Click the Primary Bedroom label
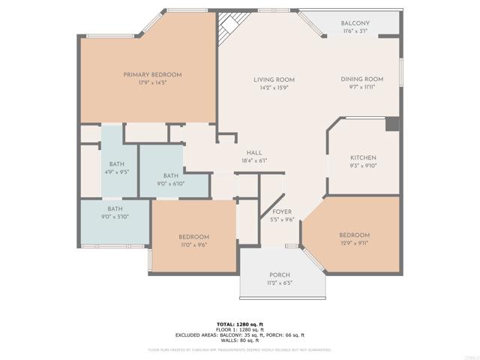153,74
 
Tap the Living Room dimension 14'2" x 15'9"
273,88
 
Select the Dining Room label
362,79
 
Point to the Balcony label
355,23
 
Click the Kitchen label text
363,157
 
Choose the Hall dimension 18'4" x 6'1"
254,160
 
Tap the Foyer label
282,212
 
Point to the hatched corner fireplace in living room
227,30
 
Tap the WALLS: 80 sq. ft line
240,341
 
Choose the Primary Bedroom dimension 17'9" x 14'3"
153,82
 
